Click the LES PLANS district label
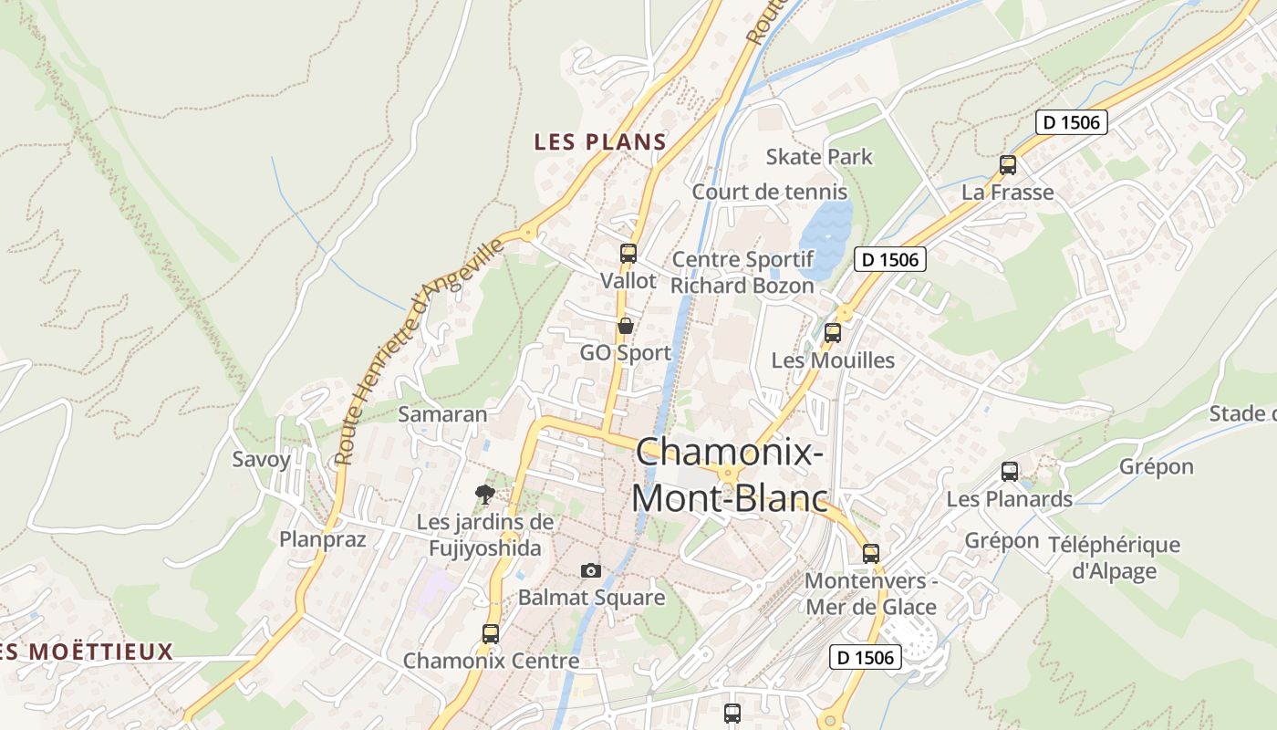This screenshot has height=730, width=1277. [x=600, y=142]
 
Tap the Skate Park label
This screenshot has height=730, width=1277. [x=819, y=157]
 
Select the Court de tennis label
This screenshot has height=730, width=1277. [x=769, y=193]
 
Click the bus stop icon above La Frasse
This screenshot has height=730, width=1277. [x=1008, y=165]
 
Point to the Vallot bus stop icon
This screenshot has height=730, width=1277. [x=628, y=254]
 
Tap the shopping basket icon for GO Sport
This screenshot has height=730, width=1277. [x=626, y=326]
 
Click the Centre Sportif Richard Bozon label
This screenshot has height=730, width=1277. [x=742, y=273]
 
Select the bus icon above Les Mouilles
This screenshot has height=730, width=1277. [x=833, y=333]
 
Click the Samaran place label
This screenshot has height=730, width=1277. [x=442, y=414]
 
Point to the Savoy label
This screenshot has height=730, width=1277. [x=261, y=459]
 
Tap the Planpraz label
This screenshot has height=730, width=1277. [x=323, y=539]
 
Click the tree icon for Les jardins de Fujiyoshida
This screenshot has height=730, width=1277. [x=485, y=495]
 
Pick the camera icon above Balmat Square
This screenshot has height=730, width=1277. [x=591, y=570]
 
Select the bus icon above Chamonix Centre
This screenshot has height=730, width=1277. [x=491, y=633]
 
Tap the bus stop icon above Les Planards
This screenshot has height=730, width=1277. [x=1010, y=472]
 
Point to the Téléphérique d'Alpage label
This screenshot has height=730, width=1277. [x=1114, y=558]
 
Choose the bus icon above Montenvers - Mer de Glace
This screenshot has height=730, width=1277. [x=871, y=554]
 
